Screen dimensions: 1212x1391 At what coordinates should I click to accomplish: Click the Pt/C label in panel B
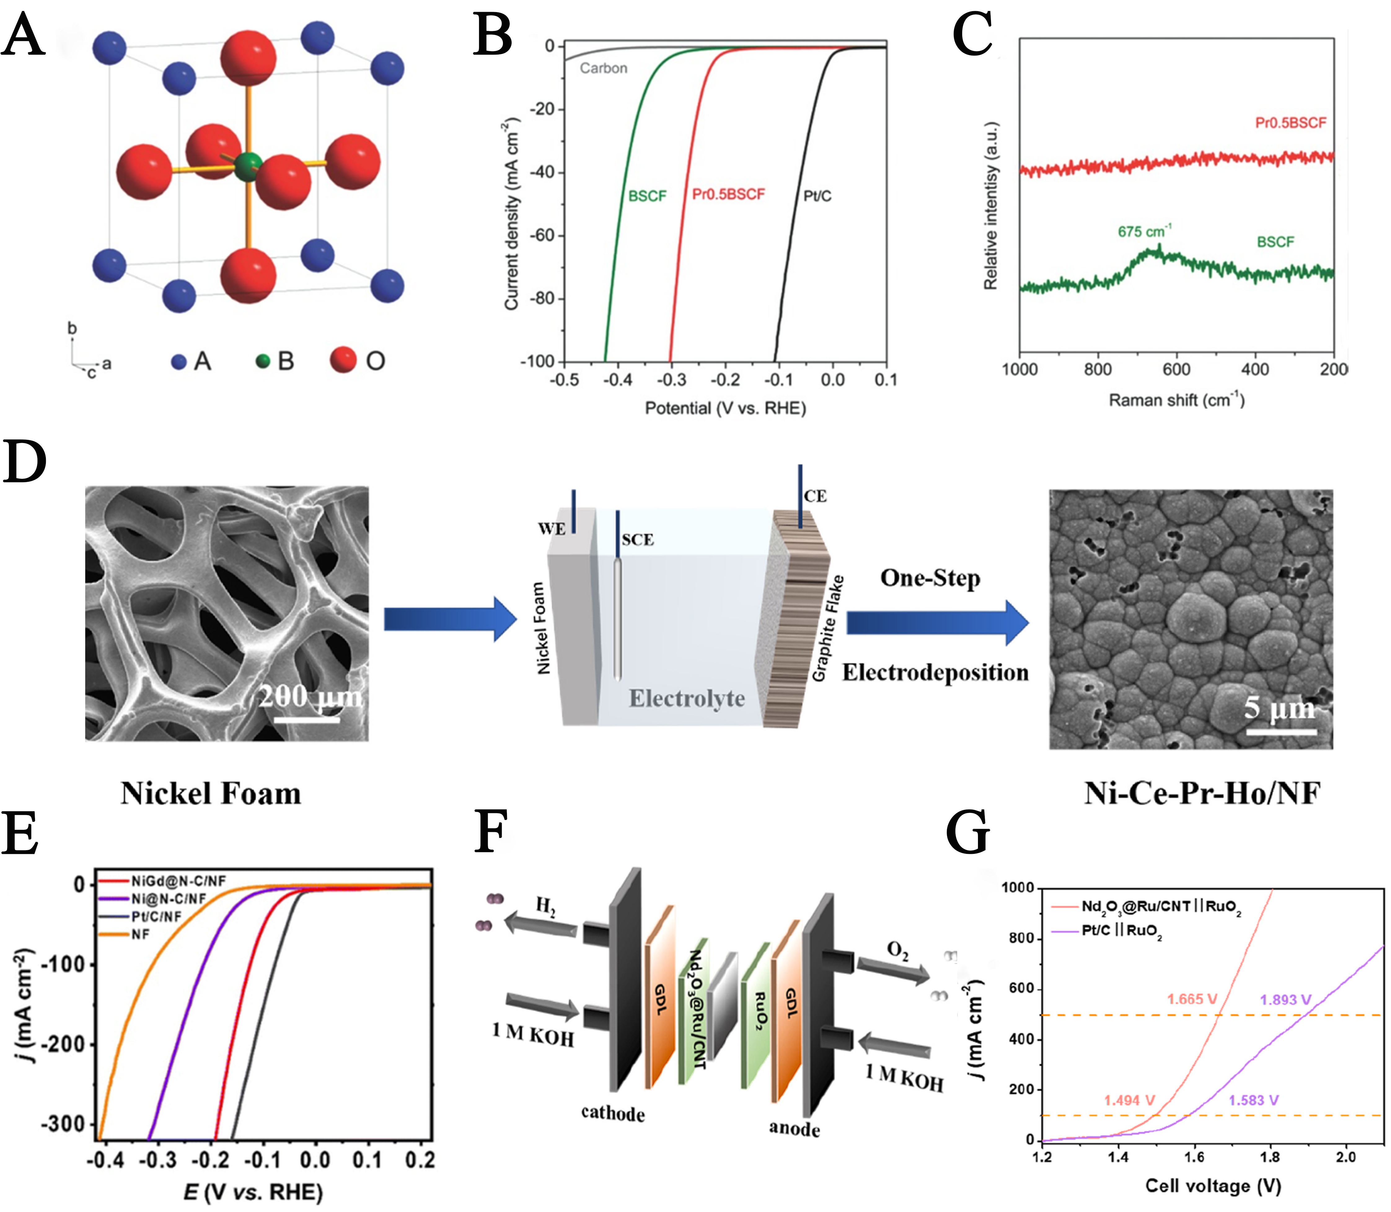817,196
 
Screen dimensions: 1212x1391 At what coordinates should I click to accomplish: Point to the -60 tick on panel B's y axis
541,235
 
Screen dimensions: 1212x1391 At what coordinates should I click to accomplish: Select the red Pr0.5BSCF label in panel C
1290,122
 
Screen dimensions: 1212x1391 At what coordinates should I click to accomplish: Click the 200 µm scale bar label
310,696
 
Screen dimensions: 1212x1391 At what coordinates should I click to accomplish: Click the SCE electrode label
637,540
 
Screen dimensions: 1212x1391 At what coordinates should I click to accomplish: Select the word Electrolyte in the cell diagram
687,698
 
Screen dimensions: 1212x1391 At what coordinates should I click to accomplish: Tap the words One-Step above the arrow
930,578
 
